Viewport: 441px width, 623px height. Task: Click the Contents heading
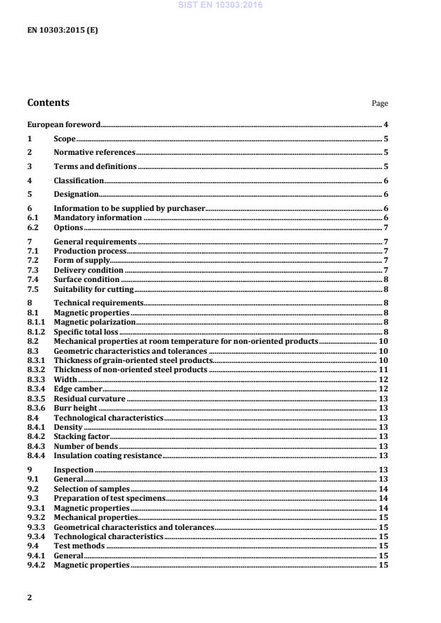coord(48,103)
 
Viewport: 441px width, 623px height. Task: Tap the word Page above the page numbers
coord(380,104)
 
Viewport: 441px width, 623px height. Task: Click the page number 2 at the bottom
coord(29,597)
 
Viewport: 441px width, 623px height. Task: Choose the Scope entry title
coord(65,139)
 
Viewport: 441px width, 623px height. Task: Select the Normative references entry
coord(94,153)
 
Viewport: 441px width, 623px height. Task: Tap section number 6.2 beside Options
coord(33,227)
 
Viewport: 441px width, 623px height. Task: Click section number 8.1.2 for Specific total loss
coord(36,332)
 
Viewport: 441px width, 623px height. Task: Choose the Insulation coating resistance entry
coord(107,455)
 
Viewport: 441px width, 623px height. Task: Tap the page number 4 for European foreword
coord(385,125)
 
